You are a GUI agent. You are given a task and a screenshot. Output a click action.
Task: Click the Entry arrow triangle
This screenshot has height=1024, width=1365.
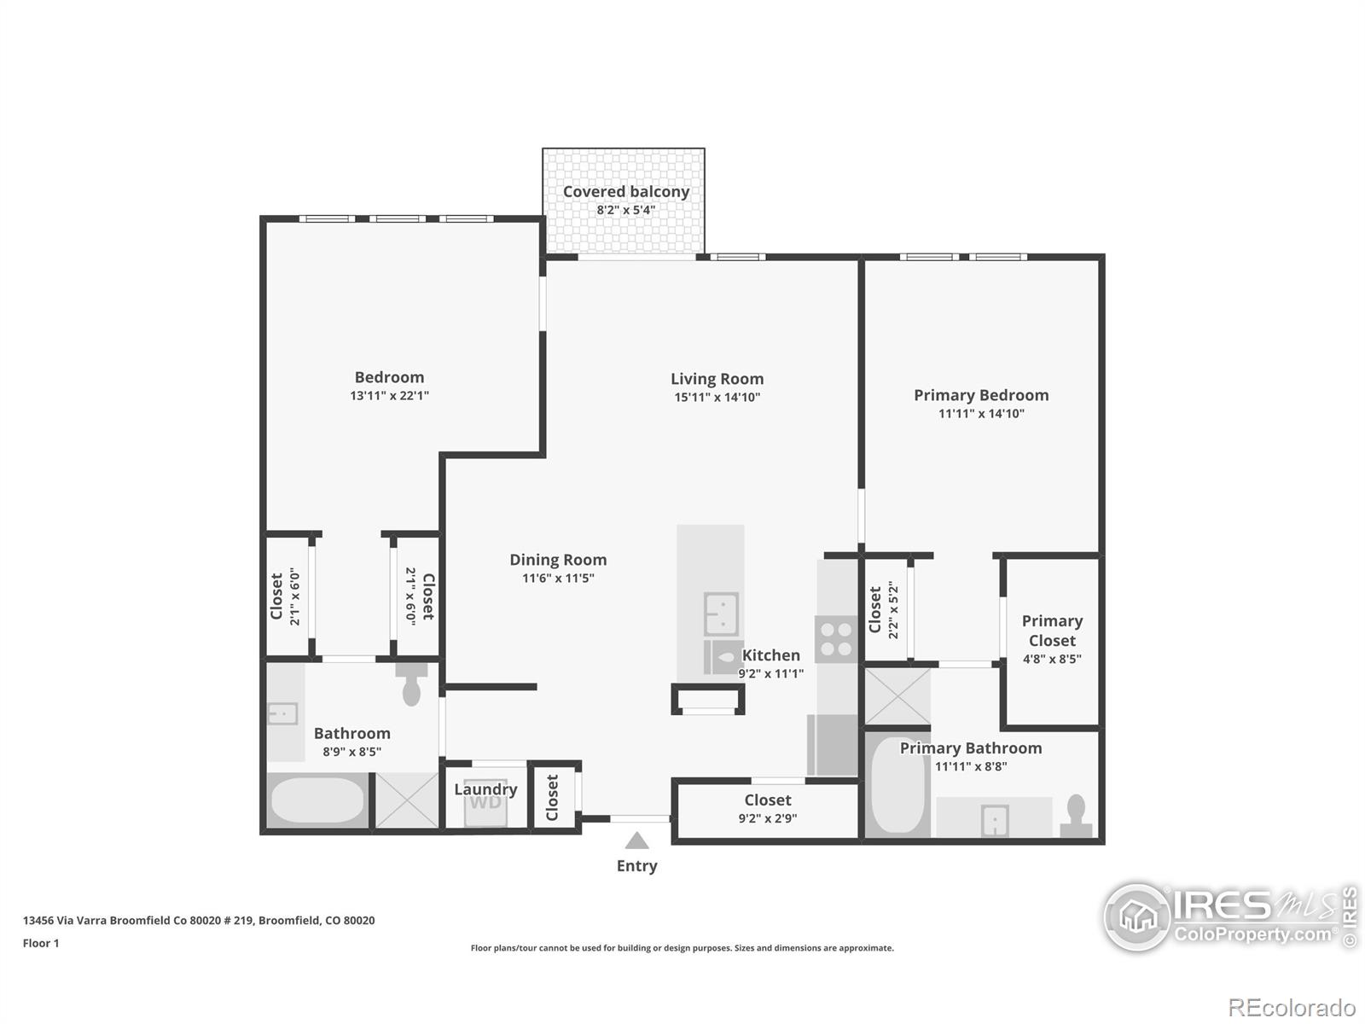pyautogui.click(x=636, y=841)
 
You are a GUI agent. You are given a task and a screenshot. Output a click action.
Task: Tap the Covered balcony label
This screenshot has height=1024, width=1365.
pyautogui.click(x=625, y=192)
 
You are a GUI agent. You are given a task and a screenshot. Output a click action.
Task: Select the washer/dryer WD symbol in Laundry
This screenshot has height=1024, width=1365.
pyautogui.click(x=485, y=803)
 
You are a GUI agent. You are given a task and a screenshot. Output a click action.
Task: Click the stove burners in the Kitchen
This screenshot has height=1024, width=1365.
pyautogui.click(x=835, y=639)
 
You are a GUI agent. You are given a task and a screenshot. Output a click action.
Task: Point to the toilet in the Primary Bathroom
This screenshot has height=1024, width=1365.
pyautogui.click(x=1076, y=817)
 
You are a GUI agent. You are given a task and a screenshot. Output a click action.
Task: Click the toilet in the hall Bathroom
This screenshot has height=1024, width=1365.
pyautogui.click(x=411, y=684)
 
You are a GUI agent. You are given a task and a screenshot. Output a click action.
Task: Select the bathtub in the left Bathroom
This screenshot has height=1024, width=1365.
pyautogui.click(x=317, y=800)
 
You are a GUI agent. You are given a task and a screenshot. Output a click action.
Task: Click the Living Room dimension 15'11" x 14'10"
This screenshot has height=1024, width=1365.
pyautogui.click(x=717, y=397)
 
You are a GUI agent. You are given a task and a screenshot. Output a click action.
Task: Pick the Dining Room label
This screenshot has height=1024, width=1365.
pyautogui.click(x=558, y=560)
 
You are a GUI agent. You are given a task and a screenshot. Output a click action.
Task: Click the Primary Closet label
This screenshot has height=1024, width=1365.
pyautogui.click(x=1052, y=631)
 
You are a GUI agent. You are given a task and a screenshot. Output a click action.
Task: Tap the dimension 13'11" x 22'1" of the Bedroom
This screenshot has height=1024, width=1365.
pyautogui.click(x=389, y=396)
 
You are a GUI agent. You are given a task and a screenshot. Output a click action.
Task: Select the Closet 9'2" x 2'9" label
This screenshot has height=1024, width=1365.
pyautogui.click(x=767, y=800)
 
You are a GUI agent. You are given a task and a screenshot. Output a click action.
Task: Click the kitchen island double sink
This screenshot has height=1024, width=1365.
pyautogui.click(x=721, y=614)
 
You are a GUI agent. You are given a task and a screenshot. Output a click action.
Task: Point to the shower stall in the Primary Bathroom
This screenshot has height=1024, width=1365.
pyautogui.click(x=897, y=695)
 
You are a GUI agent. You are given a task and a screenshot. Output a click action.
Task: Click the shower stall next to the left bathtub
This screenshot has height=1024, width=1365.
pyautogui.click(x=407, y=800)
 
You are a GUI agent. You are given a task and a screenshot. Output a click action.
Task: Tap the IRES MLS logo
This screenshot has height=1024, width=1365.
pyautogui.click(x=1228, y=916)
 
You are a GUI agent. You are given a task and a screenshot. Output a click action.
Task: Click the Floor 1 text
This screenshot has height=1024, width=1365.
pyautogui.click(x=41, y=943)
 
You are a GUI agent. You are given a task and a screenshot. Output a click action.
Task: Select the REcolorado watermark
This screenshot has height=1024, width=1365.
pyautogui.click(x=1292, y=1008)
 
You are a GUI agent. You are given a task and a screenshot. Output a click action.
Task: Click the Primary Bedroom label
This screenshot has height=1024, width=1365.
pyautogui.click(x=981, y=395)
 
